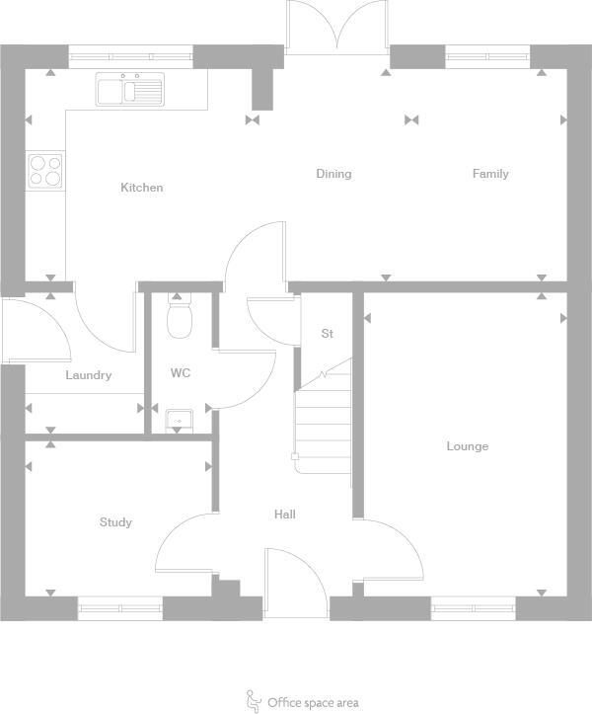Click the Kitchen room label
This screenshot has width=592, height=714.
click(x=142, y=188)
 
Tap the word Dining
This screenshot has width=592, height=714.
click(x=333, y=174)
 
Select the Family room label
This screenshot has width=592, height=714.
click(x=490, y=174)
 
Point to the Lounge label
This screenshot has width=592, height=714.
click(x=467, y=446)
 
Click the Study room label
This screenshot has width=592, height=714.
click(x=115, y=522)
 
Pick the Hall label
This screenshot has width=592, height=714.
click(x=285, y=515)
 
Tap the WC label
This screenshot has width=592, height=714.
click(x=181, y=373)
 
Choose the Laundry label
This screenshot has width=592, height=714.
click(x=89, y=375)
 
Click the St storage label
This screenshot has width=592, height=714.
click(x=328, y=334)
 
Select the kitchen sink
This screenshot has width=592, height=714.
click(x=129, y=90)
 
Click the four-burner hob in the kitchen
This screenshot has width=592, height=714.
click(x=45, y=171)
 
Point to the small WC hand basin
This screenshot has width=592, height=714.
click(x=179, y=420)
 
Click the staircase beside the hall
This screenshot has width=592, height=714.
click(x=324, y=420)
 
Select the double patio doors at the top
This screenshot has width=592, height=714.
click(x=337, y=27)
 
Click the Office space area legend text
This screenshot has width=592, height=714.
click(x=313, y=703)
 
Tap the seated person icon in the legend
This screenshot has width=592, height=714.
click(x=254, y=701)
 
